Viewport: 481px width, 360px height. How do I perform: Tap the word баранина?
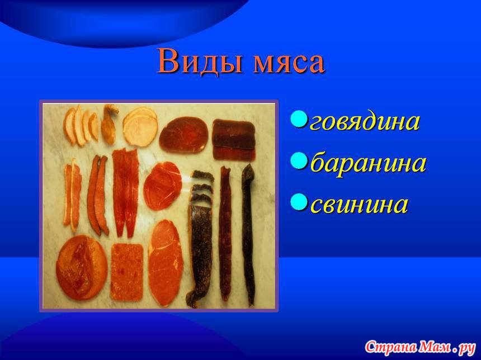(368, 163)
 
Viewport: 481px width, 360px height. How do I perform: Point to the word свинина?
(359, 204)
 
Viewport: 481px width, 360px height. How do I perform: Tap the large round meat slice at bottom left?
(82, 267)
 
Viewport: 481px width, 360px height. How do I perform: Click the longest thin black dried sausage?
(249, 235)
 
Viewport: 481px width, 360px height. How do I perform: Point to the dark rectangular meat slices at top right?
(234, 139)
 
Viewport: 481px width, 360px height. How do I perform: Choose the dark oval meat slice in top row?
(183, 135)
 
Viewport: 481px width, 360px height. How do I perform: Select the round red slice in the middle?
(163, 186)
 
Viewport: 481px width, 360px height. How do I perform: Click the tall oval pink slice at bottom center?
(166, 263)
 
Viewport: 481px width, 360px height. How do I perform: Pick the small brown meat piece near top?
(109, 124)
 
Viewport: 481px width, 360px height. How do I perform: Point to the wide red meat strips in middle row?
(125, 192)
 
